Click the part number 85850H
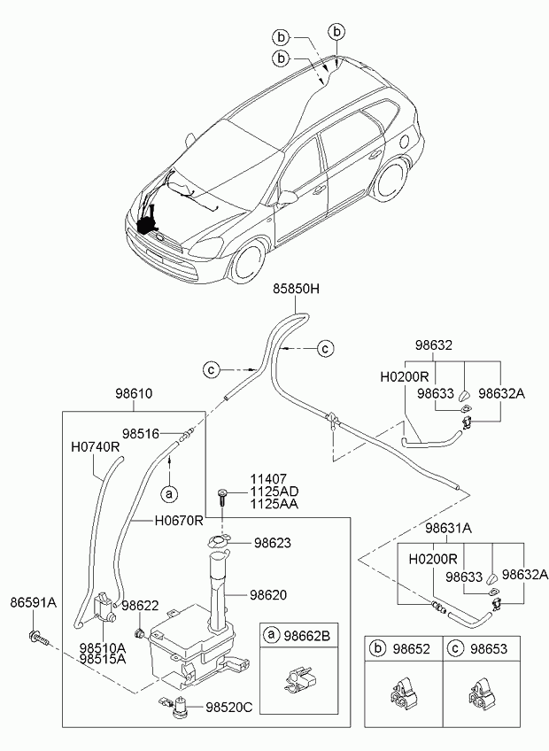296,289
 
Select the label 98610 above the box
134,394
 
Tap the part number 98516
141,433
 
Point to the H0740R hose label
95,447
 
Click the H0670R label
179,520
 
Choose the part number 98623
272,543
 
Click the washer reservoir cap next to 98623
219,541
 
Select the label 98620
268,595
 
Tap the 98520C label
229,707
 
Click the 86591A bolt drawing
38,638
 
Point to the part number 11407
268,479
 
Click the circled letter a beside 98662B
271,636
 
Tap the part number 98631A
448,529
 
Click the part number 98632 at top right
434,345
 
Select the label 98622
140,605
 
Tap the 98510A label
103,648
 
